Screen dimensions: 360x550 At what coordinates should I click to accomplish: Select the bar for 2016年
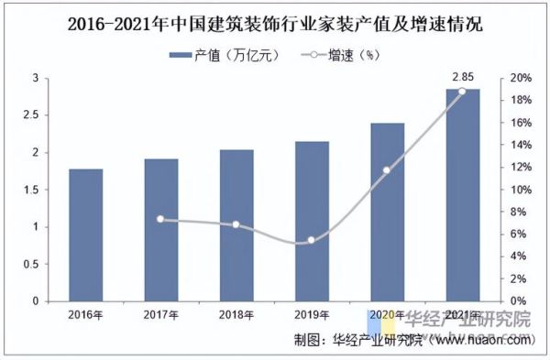tap(86, 235)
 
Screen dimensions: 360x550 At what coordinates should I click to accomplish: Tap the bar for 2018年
tap(236, 224)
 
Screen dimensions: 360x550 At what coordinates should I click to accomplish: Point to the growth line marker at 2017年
tap(160, 219)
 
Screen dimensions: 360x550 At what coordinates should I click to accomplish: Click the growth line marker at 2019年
tap(311, 240)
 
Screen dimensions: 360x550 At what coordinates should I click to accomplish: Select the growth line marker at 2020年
tap(386, 170)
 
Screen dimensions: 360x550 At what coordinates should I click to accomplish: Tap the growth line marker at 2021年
tap(461, 91)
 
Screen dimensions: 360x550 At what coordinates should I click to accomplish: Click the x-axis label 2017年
tap(160, 314)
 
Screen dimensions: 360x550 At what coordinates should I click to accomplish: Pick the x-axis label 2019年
tap(311, 314)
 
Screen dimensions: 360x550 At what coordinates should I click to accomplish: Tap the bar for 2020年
tap(386, 212)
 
